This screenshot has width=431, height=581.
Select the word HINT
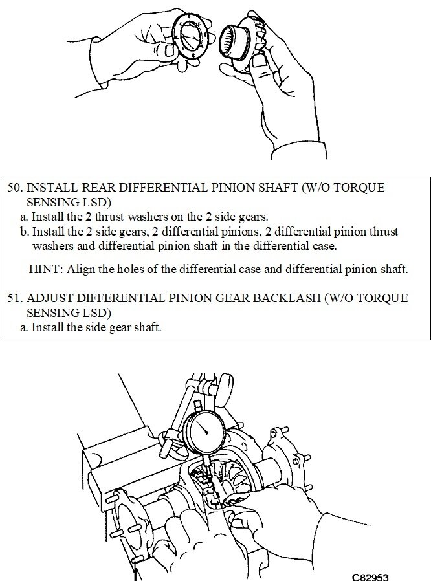45,269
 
